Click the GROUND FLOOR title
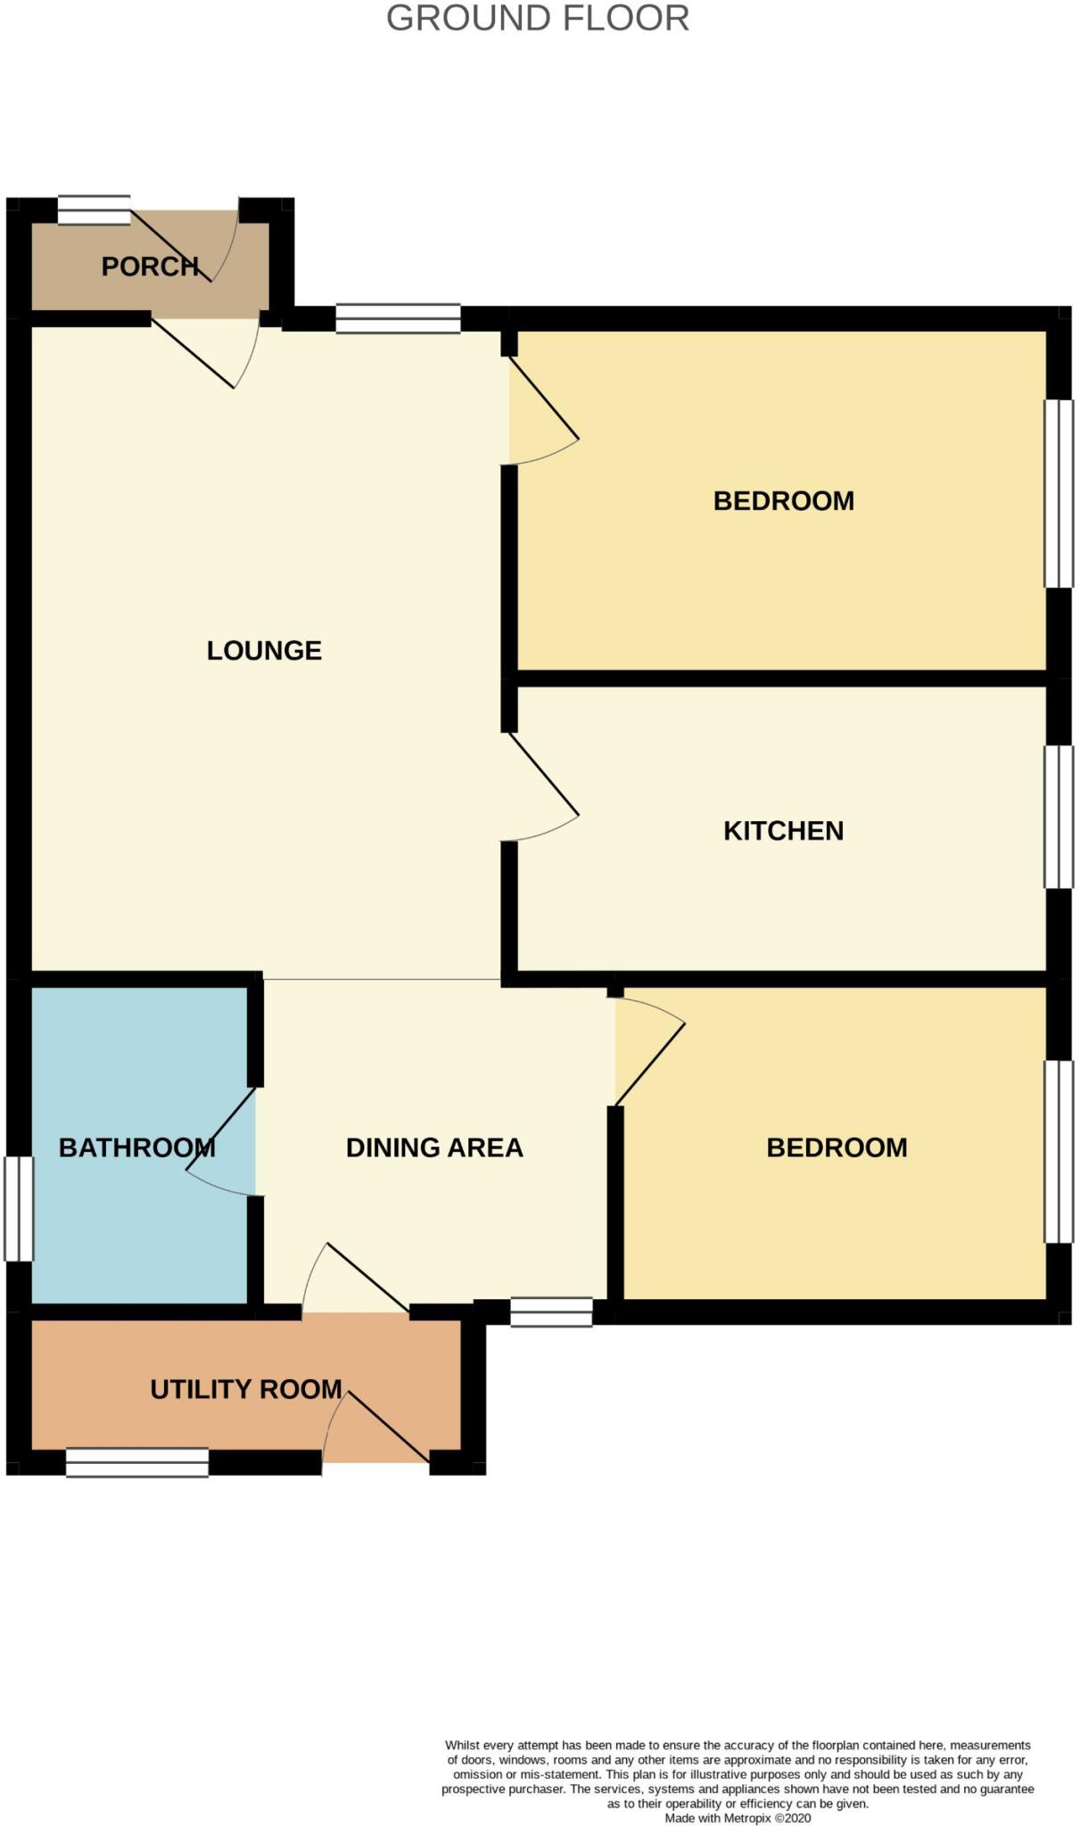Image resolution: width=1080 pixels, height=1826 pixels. point(538,19)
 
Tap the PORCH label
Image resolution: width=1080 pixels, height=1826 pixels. point(149,267)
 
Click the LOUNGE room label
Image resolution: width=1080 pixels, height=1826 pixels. point(264,651)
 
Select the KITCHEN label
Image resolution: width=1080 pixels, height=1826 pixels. point(783,831)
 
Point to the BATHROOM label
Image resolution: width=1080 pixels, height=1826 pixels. point(136,1147)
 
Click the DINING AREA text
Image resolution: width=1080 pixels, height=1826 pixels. point(434,1147)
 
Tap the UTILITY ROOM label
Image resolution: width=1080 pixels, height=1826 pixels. point(246,1389)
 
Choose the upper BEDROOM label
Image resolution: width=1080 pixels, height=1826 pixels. point(783,501)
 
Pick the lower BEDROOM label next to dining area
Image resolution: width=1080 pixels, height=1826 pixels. point(837,1147)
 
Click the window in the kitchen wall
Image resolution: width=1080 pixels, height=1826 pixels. point(1059,817)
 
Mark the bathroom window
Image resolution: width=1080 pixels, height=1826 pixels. point(19,1208)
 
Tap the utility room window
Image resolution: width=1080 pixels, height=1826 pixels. point(137,1462)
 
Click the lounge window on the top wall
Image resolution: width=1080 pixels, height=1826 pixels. point(398,318)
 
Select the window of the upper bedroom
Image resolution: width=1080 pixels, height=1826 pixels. point(1059,493)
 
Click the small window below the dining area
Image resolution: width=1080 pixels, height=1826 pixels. point(551,1312)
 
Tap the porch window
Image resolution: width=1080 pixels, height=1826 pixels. point(94,210)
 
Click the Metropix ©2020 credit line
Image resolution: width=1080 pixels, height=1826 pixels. point(738,1817)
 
